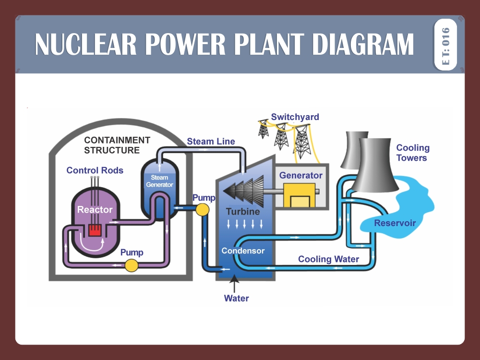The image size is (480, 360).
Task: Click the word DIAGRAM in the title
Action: [363, 44]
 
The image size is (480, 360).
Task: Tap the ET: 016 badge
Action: [445, 45]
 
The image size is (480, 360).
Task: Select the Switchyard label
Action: [295, 117]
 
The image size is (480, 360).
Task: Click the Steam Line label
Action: [211, 141]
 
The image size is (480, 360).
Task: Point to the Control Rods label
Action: [95, 170]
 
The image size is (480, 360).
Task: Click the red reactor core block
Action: [95, 231]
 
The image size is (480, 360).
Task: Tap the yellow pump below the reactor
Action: [131, 265]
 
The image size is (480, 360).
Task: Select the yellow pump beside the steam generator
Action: [202, 209]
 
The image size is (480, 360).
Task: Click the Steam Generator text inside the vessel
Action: [159, 181]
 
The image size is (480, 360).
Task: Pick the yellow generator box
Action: [299, 195]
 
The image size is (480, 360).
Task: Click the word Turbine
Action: [243, 212]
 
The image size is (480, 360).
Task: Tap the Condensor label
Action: [243, 251]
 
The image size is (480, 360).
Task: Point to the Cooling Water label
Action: [328, 259]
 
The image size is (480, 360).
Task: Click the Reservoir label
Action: [395, 223]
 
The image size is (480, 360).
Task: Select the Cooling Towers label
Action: [412, 153]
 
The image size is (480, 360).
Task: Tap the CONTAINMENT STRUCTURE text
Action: [117, 145]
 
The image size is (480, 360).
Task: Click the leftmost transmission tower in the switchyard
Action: [263, 129]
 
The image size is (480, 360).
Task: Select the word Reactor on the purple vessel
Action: [95, 209]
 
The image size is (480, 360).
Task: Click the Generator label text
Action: [301, 175]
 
